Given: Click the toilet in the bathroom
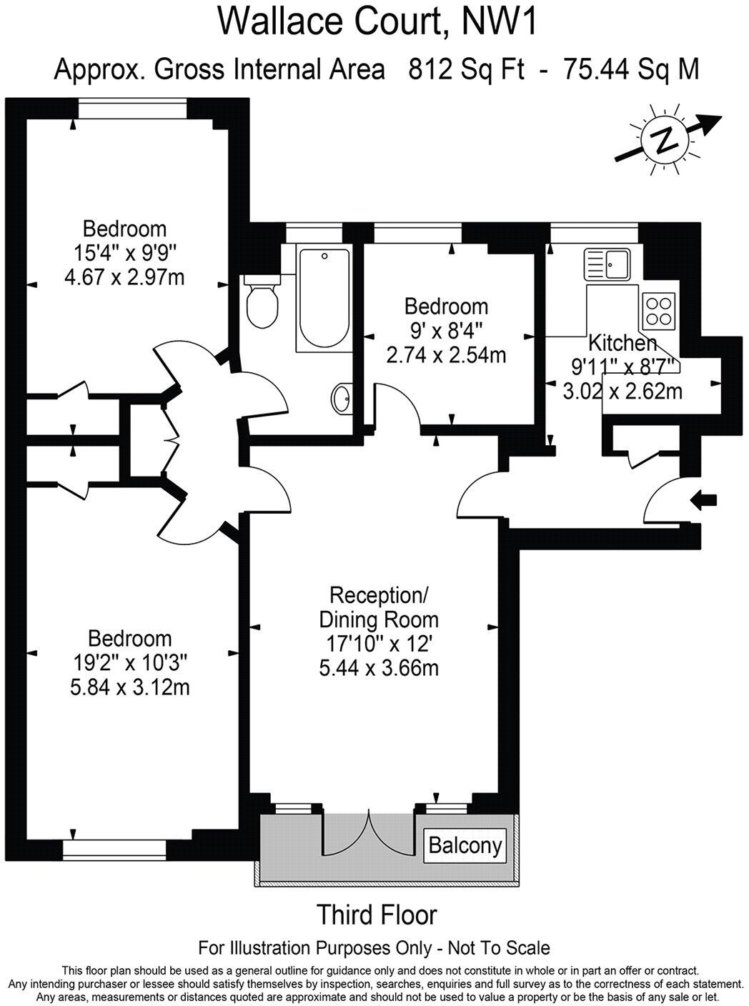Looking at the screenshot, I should point(261,304).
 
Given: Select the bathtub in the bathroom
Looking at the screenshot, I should point(323,298).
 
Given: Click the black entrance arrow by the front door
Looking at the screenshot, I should point(705,500).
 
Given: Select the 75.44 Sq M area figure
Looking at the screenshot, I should point(631,70).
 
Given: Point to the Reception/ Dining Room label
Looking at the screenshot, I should point(378,607).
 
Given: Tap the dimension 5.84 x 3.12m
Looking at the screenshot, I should point(130,687).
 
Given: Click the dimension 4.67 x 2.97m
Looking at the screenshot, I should point(124,277).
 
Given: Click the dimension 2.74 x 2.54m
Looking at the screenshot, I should point(446,354).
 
